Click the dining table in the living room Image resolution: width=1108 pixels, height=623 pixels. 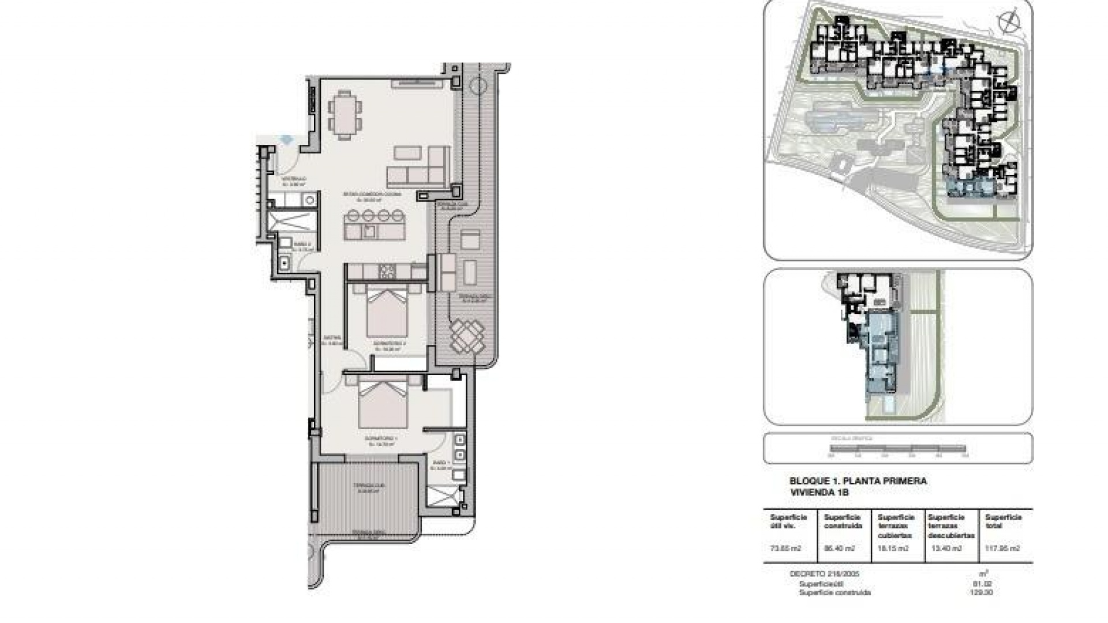[346, 115]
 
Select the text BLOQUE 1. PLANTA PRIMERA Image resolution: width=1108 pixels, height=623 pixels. [858, 481]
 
